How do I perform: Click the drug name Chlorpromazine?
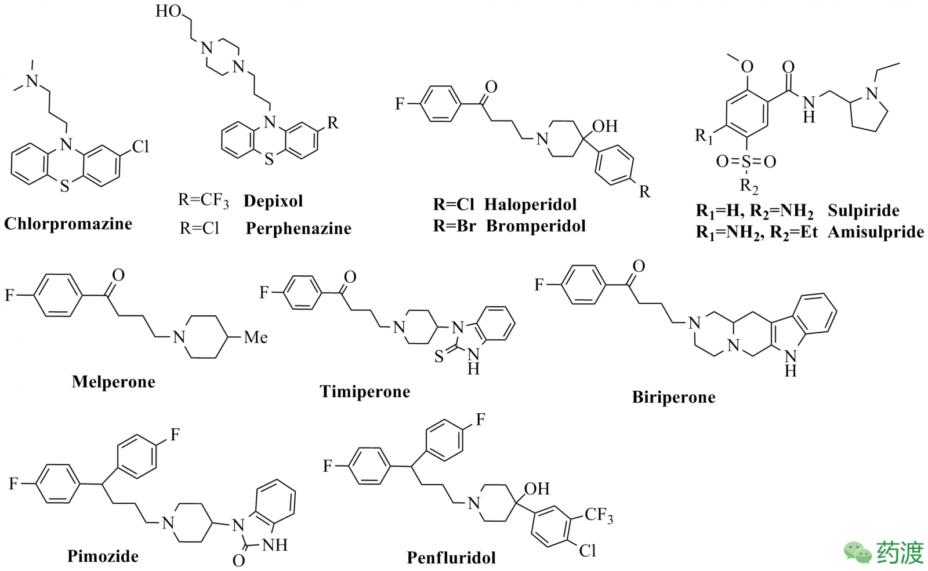pyautogui.click(x=68, y=224)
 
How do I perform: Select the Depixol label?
pyautogui.click(x=273, y=201)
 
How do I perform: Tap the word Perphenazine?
pyautogui.click(x=298, y=228)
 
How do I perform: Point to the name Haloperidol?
pyautogui.click(x=530, y=204)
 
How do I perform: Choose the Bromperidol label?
pyautogui.click(x=535, y=226)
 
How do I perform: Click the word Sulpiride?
pyautogui.click(x=863, y=210)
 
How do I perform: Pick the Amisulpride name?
pyautogui.click(x=876, y=232)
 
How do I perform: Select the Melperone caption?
pyautogui.click(x=114, y=381)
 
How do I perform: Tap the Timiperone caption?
pyautogui.click(x=365, y=392)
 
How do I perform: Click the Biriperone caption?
pyautogui.click(x=673, y=397)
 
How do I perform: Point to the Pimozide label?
pyautogui.click(x=103, y=556)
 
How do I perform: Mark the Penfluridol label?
pyautogui.click(x=451, y=558)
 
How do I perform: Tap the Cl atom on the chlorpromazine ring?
pyautogui.click(x=140, y=147)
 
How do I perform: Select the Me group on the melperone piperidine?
pyautogui.click(x=255, y=337)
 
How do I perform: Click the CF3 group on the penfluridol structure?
pyautogui.click(x=599, y=515)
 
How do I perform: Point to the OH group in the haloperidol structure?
pyautogui.click(x=605, y=126)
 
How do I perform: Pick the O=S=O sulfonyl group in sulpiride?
pyautogui.click(x=746, y=161)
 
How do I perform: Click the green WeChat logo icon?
pyautogui.click(x=857, y=552)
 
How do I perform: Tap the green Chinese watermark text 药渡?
pyautogui.click(x=900, y=552)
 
